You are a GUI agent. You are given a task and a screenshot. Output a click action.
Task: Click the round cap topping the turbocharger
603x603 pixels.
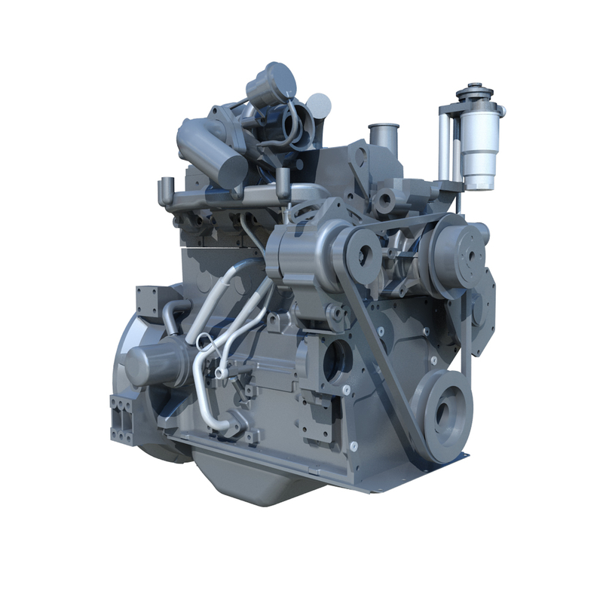274,78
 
